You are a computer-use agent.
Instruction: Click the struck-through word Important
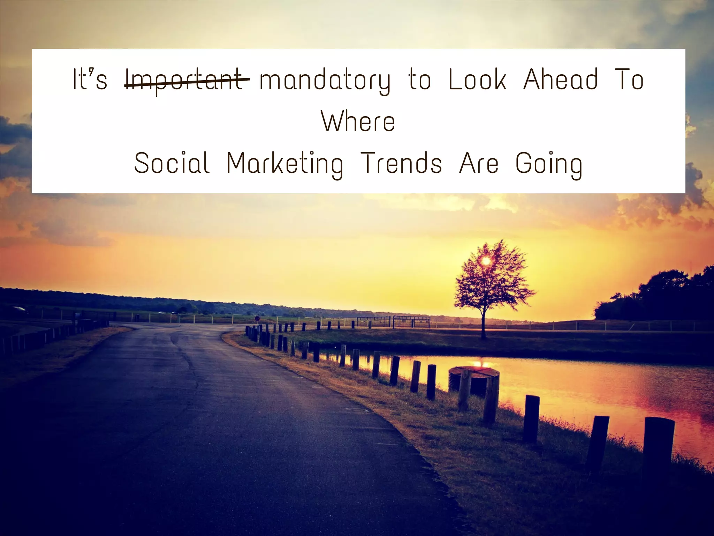187,80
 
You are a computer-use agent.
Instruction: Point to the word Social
172,163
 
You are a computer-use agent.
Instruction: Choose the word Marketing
285,164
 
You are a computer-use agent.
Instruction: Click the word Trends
401,163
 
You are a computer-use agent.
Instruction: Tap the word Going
549,164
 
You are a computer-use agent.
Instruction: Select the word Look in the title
477,79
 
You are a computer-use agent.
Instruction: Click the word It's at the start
90,80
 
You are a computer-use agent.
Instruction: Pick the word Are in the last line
479,163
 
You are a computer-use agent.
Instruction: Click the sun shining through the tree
486,260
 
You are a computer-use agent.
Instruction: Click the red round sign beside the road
257,318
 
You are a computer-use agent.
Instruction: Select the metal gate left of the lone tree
411,321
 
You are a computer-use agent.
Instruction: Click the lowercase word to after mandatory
419,80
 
